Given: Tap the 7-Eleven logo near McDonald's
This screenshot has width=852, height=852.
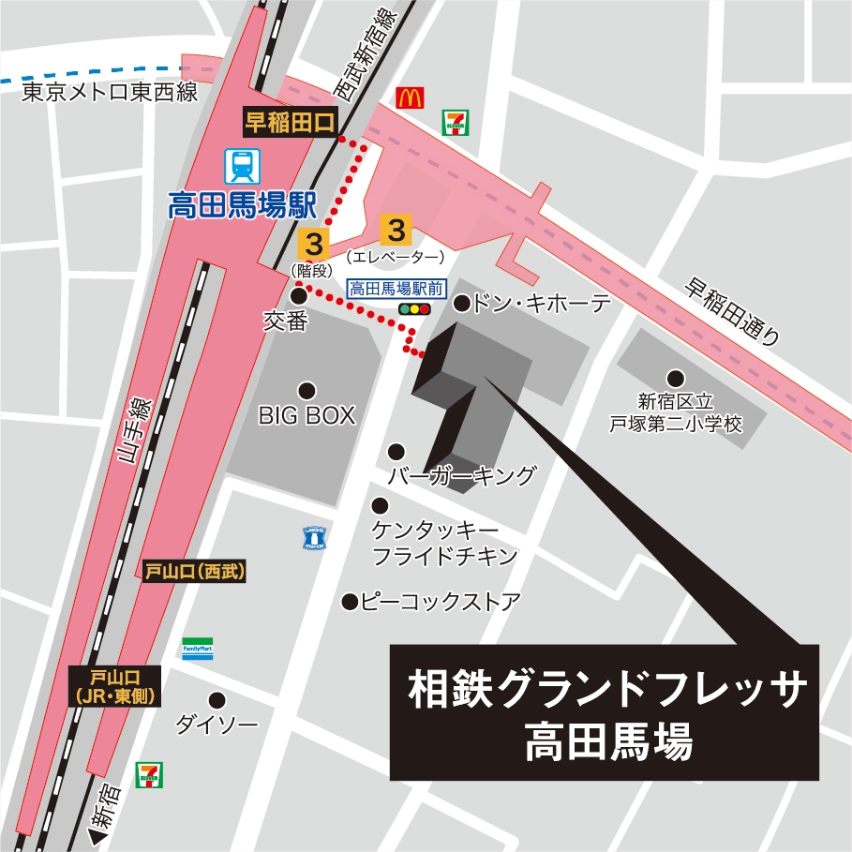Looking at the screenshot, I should [456, 122].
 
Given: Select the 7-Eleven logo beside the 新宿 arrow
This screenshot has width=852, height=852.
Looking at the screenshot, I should [147, 774].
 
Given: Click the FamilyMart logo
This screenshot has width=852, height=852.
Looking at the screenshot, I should [198, 649].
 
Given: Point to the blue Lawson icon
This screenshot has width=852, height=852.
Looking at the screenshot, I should [313, 538].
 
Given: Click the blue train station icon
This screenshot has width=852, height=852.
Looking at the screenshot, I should [243, 167].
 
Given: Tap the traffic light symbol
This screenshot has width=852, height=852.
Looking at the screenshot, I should [414, 309].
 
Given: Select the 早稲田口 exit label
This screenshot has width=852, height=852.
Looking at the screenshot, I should [290, 122].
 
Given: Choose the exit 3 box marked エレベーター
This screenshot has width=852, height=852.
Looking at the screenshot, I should [396, 229].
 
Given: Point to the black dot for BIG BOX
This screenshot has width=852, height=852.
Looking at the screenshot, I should [306, 390].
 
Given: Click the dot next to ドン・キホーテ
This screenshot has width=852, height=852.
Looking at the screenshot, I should [462, 303].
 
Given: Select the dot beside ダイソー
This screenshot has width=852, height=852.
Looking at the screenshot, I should [217, 699].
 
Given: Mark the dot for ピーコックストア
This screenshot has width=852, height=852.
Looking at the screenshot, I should [350, 601].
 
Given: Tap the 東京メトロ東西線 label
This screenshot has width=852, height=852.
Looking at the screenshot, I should [109, 92].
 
